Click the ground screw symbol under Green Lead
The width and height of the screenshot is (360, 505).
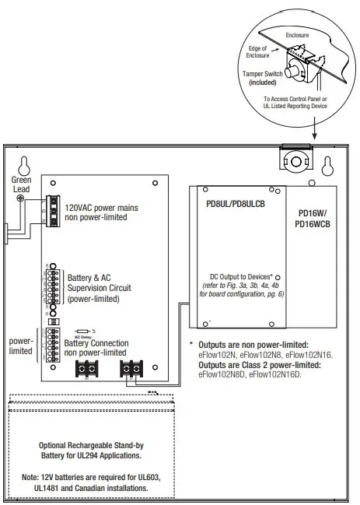19,198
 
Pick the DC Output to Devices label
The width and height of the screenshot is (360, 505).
242,276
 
